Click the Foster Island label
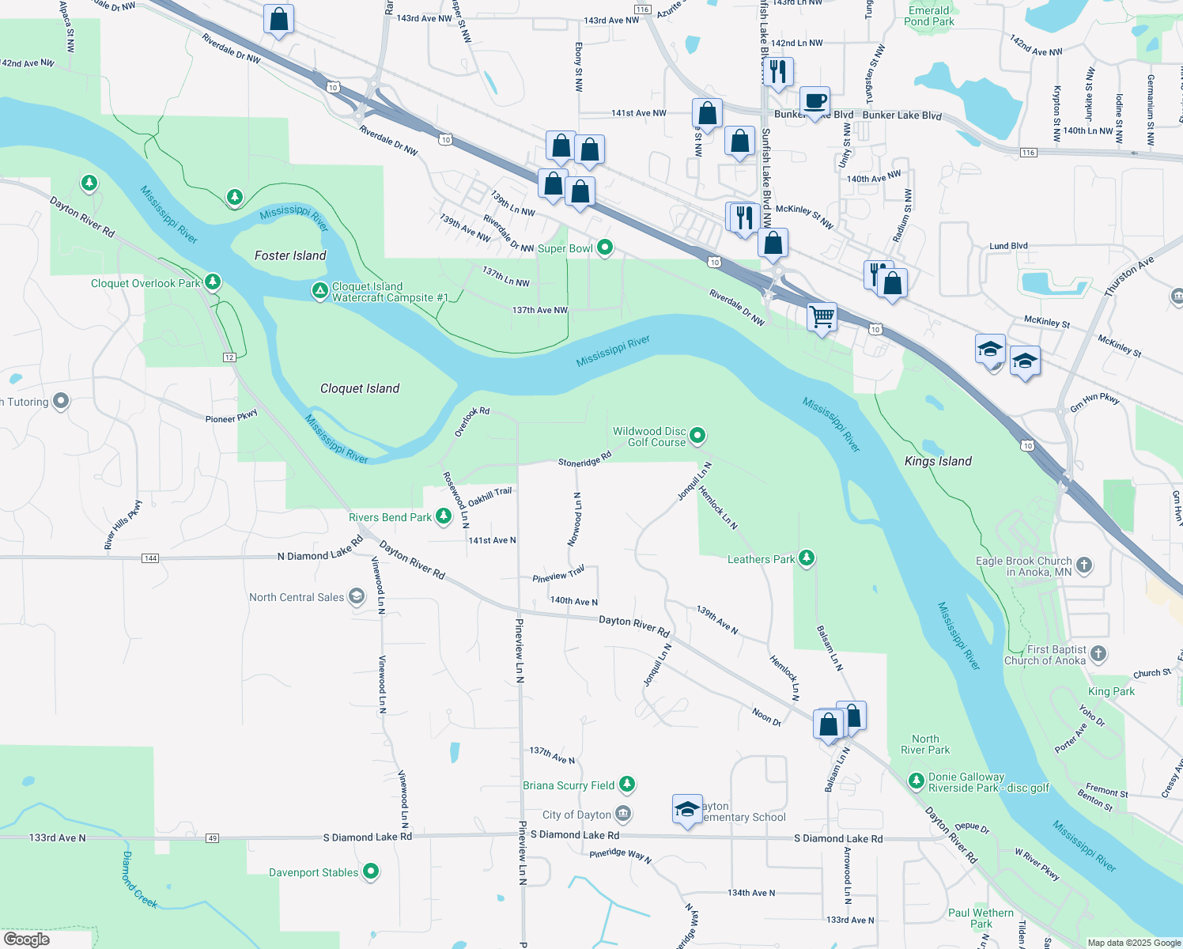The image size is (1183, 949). click(x=290, y=255)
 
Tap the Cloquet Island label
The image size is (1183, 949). click(x=360, y=388)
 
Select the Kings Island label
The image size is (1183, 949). click(x=938, y=461)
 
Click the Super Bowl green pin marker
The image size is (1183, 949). click(x=605, y=248)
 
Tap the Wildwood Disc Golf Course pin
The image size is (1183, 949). click(x=697, y=435)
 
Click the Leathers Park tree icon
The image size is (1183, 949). click(x=807, y=558)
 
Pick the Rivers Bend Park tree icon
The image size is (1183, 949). click(x=444, y=516)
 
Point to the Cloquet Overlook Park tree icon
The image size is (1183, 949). click(x=212, y=282)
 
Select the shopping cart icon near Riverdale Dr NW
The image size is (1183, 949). click(x=822, y=316)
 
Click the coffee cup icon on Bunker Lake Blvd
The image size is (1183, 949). click(x=814, y=101)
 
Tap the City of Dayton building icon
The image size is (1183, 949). click(x=623, y=814)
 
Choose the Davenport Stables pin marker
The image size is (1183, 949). click(x=370, y=871)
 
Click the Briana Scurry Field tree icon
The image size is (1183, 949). click(x=627, y=785)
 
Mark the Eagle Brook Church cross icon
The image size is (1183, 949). click(x=1084, y=565)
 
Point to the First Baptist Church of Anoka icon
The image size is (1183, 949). click(x=1098, y=654)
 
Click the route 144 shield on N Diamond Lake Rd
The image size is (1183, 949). click(x=150, y=558)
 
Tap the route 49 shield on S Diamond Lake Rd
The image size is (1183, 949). click(x=212, y=838)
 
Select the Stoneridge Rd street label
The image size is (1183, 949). click(x=584, y=459)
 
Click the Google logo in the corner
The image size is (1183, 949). click(x=27, y=939)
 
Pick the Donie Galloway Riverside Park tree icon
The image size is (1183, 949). click(x=917, y=781)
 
